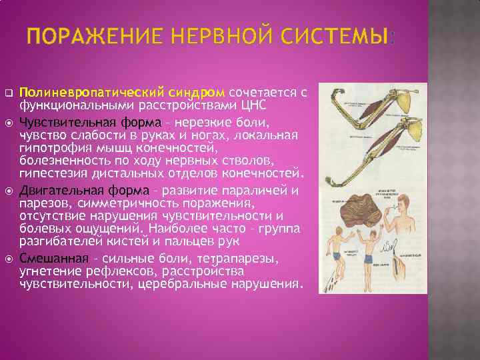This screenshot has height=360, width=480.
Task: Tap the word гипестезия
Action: (53, 173)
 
